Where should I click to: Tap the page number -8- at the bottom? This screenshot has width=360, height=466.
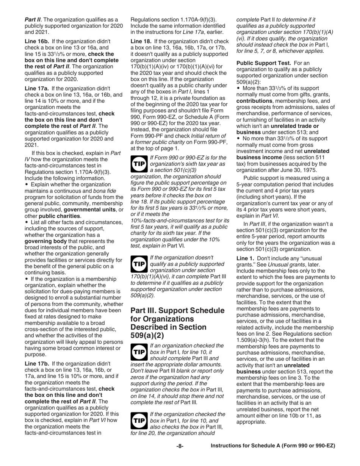(180, 446)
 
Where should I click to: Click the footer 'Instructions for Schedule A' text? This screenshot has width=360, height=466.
(273, 446)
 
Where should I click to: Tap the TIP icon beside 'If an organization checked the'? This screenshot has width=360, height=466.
(139, 352)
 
